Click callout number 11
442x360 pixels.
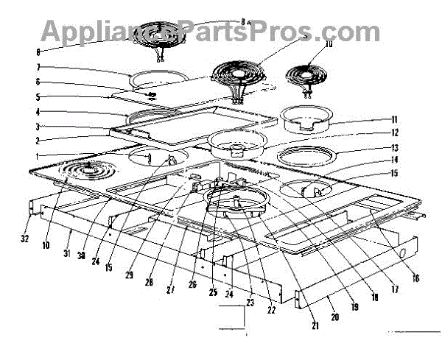click(x=394, y=119)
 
